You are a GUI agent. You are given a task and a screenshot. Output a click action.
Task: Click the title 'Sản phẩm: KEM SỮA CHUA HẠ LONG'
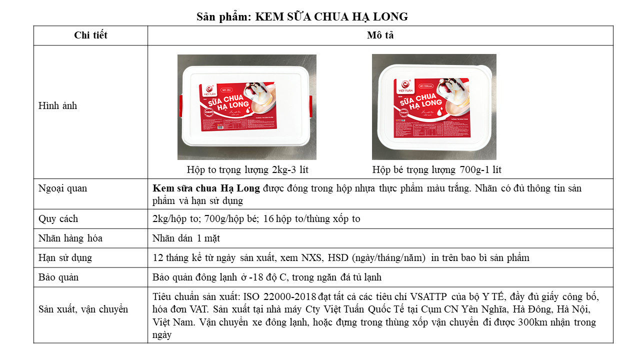[x=302, y=17]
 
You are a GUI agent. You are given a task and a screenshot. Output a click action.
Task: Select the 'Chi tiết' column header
[x=90, y=35]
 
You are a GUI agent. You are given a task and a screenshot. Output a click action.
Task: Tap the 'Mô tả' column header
[x=380, y=35]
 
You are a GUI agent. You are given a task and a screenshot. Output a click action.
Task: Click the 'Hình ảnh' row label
[x=57, y=106]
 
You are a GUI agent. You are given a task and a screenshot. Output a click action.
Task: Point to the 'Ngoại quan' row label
[x=62, y=188]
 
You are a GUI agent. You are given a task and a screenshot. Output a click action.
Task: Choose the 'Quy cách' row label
[x=58, y=219]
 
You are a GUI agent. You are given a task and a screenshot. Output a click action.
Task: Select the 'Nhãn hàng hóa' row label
[x=70, y=238]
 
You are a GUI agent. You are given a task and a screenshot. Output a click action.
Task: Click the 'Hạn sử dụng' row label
[x=65, y=258]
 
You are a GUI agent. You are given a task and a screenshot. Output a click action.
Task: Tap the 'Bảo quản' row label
[x=58, y=277]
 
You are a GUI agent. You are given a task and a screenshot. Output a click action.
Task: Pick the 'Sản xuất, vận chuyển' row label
[x=83, y=309]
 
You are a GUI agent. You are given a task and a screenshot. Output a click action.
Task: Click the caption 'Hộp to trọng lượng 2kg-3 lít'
[x=247, y=170]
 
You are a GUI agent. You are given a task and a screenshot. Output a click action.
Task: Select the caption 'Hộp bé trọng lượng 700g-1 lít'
[x=436, y=170]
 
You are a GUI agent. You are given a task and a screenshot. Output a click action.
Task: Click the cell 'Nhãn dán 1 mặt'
[x=183, y=238]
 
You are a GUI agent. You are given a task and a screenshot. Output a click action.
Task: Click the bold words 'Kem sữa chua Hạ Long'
[x=206, y=188]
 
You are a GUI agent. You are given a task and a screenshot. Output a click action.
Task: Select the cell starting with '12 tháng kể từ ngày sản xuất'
[x=340, y=258]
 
